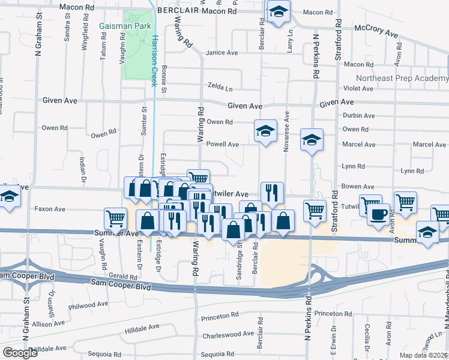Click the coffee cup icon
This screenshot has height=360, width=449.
(378, 214)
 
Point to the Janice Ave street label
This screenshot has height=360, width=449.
(221, 53)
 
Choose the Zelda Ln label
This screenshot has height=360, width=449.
(220, 88)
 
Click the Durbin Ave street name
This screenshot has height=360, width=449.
(358, 116)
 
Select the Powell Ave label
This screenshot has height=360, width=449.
(223, 145)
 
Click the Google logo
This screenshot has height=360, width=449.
(20, 353)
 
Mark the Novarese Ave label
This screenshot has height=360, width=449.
(286, 131)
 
